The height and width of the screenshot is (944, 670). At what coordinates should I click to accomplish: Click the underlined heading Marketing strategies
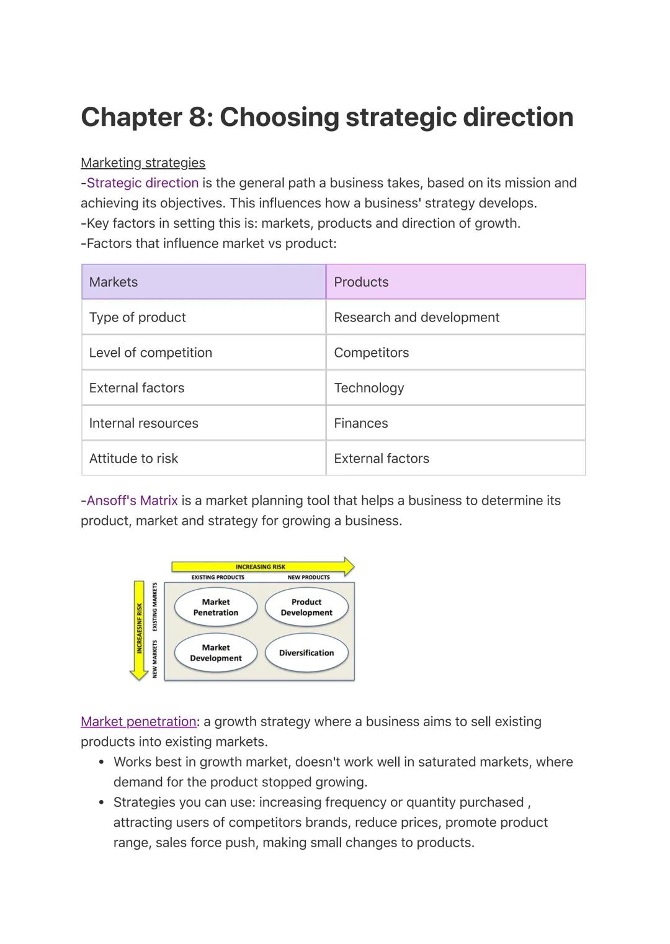tap(143, 163)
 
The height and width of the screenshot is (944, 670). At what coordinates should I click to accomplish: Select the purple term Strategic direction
tap(143, 183)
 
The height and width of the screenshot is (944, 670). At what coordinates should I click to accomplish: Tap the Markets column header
tap(203, 282)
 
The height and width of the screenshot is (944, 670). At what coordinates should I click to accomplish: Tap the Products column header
tap(455, 282)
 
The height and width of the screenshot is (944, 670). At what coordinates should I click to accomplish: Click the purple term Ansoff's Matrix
tap(132, 501)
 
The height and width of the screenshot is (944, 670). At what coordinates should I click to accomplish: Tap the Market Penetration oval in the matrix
tap(215, 607)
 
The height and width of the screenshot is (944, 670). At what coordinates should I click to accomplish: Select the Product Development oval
tap(306, 607)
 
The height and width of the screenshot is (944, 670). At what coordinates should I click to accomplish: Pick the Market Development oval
tap(215, 653)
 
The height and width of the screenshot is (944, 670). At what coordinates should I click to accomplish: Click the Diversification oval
tap(306, 653)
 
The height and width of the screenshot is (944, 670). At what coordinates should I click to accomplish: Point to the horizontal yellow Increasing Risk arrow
tap(261, 567)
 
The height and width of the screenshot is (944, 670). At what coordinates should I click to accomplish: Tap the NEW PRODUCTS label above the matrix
tap(308, 577)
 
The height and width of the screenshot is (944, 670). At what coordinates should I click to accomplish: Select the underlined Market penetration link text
tap(138, 722)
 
